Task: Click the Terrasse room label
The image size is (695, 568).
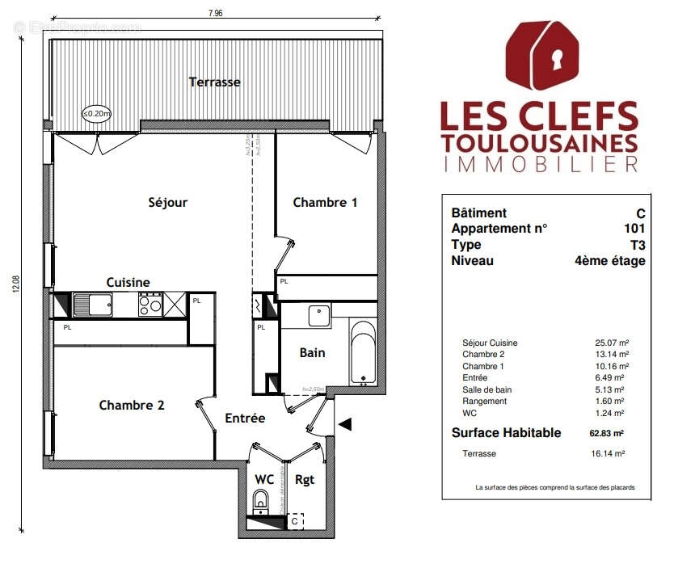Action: [214, 82]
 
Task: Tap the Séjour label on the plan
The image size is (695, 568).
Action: [168, 202]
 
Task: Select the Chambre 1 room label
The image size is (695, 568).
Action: [324, 202]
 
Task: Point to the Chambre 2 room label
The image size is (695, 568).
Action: [132, 405]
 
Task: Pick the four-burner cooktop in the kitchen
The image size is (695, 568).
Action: [150, 305]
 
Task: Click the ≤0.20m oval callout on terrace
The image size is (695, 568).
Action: [97, 115]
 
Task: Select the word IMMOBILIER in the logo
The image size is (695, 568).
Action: [539, 164]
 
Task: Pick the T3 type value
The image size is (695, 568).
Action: [637, 245]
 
